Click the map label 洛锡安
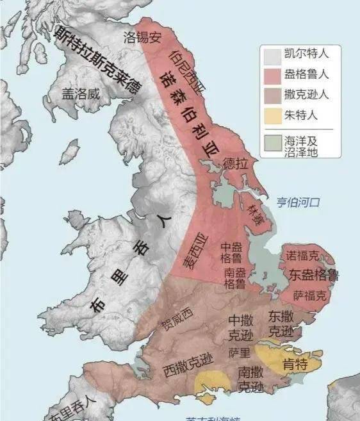pyautogui.click(x=143, y=37)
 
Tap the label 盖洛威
pyautogui.click(x=81, y=94)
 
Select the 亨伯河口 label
pyautogui.click(x=298, y=202)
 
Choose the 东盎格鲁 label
pyautogui.click(x=314, y=276)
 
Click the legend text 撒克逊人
pyautogui.click(x=307, y=95)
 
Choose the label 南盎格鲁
pyautogui.click(x=234, y=277)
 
